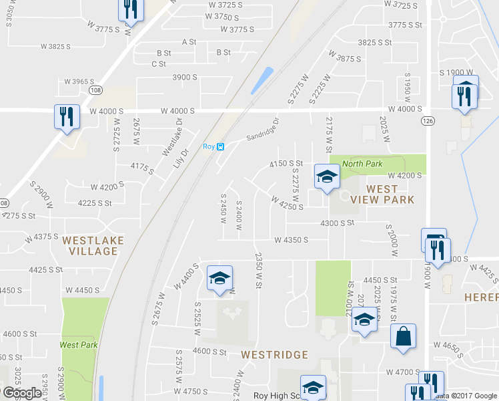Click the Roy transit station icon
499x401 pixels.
point(221,147)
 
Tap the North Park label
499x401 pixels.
point(362,163)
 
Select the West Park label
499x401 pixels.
point(79,345)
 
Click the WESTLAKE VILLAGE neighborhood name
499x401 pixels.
point(90,245)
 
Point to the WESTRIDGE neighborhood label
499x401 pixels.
point(274,354)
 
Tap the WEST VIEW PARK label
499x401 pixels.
point(382,194)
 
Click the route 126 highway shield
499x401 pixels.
point(428,120)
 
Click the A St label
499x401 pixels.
point(189,41)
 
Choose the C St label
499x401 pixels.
point(159,64)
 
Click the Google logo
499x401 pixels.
point(22,393)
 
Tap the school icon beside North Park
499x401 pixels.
point(327,176)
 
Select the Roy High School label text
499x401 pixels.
point(275,396)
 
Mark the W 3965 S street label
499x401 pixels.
point(80,82)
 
